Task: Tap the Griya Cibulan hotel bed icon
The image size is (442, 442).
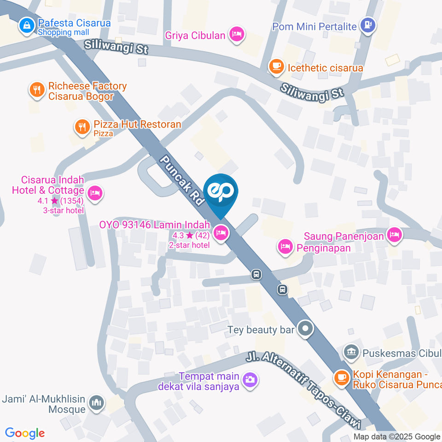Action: click(x=237, y=34)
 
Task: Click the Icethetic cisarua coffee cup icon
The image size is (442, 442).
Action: click(x=276, y=67)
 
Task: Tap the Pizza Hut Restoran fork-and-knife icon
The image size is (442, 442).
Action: click(x=82, y=127)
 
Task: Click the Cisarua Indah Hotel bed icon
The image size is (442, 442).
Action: click(x=95, y=193)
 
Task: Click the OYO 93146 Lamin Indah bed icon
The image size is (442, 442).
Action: click(x=221, y=233)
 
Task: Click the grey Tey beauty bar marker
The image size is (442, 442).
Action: click(x=305, y=329)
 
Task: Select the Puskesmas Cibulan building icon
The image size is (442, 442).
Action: click(x=351, y=353)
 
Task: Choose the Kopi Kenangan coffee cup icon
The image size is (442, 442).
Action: click(x=341, y=377)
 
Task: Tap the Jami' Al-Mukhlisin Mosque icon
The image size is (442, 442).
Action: click(x=97, y=403)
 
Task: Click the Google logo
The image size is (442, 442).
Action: click(x=25, y=433)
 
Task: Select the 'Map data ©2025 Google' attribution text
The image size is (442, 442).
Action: click(x=397, y=436)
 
